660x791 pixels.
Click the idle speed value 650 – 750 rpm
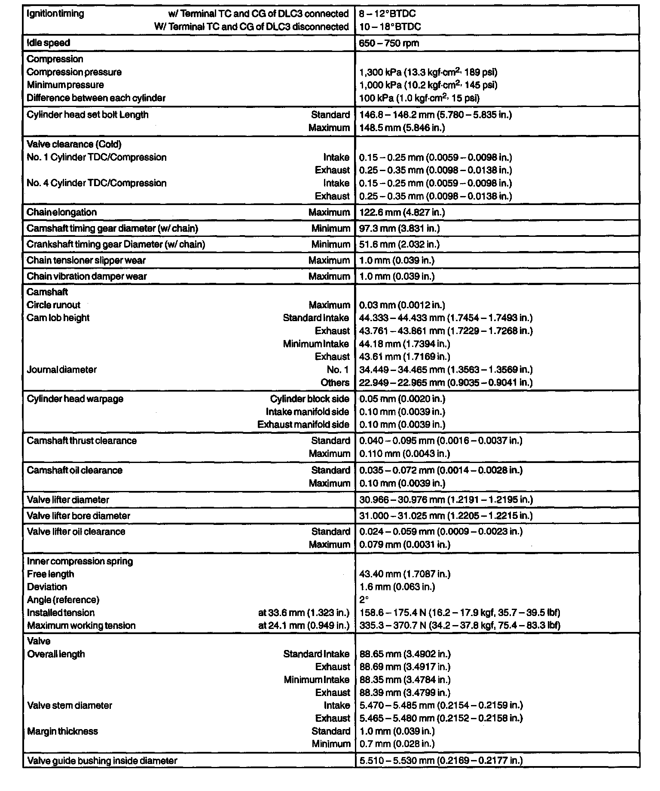(x=389, y=43)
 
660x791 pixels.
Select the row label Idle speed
(x=48, y=43)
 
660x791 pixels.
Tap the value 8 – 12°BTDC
(x=387, y=14)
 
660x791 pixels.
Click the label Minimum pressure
(x=65, y=85)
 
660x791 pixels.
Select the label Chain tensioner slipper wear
(x=86, y=261)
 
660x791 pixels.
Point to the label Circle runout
(x=53, y=305)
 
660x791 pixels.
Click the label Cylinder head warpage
(x=75, y=399)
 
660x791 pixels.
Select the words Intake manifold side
(x=307, y=412)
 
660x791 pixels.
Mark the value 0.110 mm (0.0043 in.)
(x=404, y=454)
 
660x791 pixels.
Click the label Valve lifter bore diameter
(x=78, y=516)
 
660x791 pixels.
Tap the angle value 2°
(x=364, y=600)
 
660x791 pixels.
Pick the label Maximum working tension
(x=81, y=625)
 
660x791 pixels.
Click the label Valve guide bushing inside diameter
(x=102, y=761)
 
